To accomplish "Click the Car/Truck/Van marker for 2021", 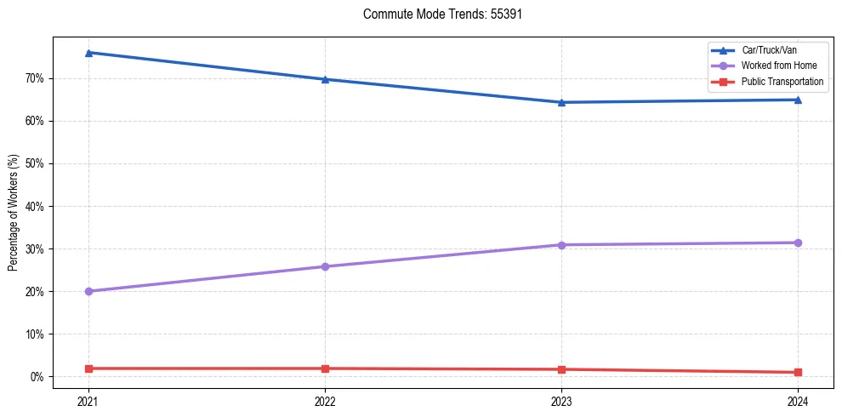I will pos(88,53).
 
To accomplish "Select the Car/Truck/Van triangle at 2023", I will pos(561,102).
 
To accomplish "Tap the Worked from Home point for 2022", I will pos(325,266).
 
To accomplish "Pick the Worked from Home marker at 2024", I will pos(798,243).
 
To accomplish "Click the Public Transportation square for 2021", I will pos(88,368).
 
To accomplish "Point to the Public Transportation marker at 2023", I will pos(561,369).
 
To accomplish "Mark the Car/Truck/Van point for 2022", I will pos(325,79).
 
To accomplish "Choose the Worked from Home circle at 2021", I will pos(88,291).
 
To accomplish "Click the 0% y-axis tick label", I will pos(37,377).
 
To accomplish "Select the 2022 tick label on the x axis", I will pos(325,400).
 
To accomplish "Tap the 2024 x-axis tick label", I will pos(798,400).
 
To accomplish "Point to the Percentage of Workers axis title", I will pos(14,213).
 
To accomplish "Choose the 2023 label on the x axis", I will pos(561,400).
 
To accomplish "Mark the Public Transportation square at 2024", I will pos(798,372).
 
